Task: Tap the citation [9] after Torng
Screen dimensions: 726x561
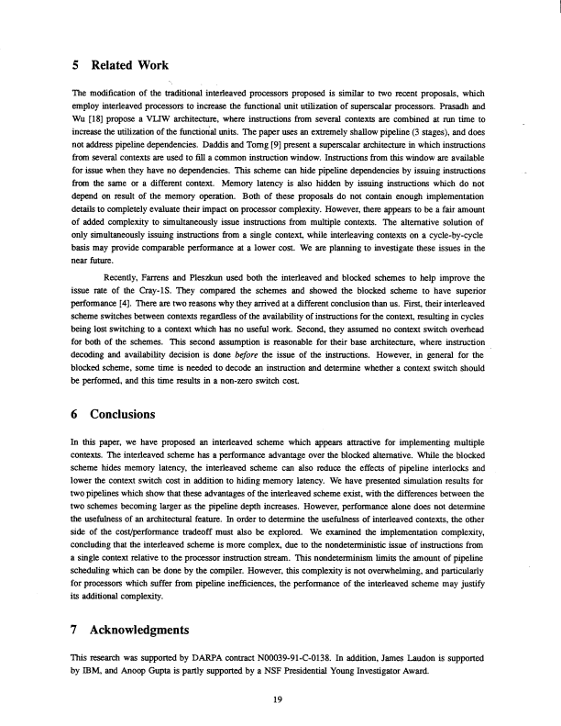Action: (x=239, y=144)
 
